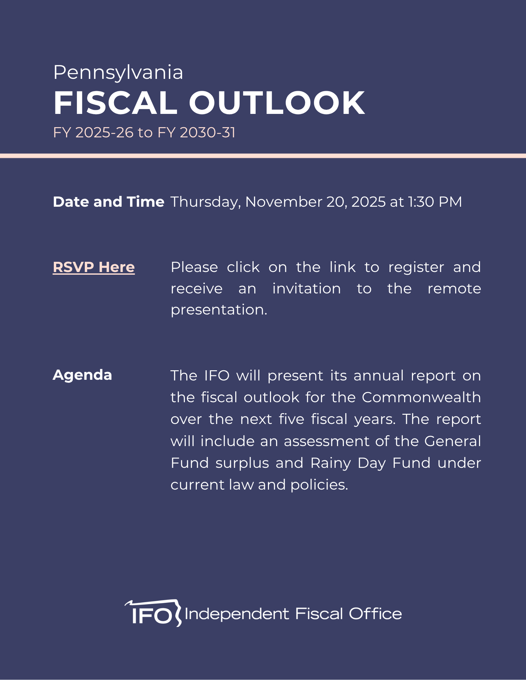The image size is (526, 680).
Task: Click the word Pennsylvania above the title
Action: point(118,72)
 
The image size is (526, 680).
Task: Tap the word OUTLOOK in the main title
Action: point(277,103)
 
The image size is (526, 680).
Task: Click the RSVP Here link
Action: point(94,267)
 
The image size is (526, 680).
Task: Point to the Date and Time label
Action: point(109,202)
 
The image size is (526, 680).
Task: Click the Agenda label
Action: point(82,375)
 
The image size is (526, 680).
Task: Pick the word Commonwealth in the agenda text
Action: point(421,397)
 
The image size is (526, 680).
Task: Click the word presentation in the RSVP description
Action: point(219,310)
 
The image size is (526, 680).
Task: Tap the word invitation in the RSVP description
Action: point(306,289)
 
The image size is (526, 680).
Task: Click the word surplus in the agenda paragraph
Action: point(242,463)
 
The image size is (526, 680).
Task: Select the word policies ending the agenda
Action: point(319,485)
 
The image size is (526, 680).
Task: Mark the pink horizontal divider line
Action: point(263,156)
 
